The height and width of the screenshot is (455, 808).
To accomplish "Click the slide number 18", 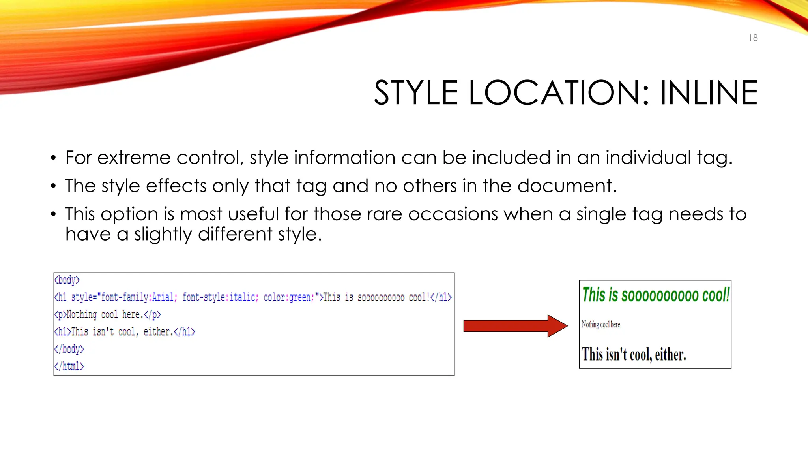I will pos(753,38).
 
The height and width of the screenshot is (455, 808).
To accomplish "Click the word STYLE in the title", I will pos(416,93).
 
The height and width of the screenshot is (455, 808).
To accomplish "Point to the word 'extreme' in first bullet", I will pos(134,158).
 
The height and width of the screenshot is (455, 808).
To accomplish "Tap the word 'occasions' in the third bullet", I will pos(453,214).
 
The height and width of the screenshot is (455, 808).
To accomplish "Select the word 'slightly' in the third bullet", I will pos(163,235).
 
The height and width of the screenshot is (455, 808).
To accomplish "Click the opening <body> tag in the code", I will pos(67,280).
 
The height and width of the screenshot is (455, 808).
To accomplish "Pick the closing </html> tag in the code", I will pos(69,367).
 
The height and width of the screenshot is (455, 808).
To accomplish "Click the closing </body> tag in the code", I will pos(69,349).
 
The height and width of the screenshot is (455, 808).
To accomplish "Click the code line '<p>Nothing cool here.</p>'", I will pos(108,315).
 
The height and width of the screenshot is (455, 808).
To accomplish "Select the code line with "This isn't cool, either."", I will pos(125,332).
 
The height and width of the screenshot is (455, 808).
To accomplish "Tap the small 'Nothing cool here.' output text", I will pos(601,325).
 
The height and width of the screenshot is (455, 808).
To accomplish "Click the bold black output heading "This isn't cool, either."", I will pos(634,354).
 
